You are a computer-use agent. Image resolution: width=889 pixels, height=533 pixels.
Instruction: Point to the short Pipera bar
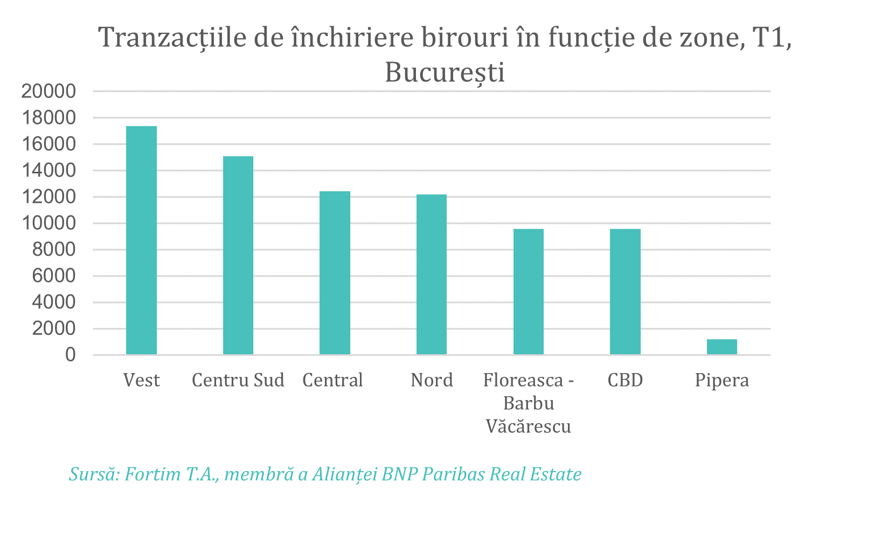[x=722, y=347]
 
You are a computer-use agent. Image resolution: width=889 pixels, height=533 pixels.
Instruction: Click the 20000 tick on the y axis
[x=48, y=92]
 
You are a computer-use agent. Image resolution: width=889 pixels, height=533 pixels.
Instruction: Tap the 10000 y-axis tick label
[x=48, y=223]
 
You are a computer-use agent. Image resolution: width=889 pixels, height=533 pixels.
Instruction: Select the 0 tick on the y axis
[x=71, y=355]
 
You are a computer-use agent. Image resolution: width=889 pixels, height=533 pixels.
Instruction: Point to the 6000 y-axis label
[x=54, y=276]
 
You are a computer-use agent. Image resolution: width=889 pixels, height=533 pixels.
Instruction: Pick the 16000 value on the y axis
[x=48, y=144]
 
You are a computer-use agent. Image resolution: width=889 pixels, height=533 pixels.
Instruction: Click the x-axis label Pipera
[x=722, y=380]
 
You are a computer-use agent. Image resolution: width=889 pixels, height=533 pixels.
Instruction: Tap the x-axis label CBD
[x=625, y=380]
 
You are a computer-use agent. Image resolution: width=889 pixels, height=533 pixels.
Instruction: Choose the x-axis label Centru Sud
[x=238, y=380]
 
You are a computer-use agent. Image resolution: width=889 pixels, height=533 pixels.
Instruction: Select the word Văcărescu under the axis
[x=529, y=426]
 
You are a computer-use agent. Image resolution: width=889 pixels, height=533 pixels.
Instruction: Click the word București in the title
[x=445, y=73]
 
